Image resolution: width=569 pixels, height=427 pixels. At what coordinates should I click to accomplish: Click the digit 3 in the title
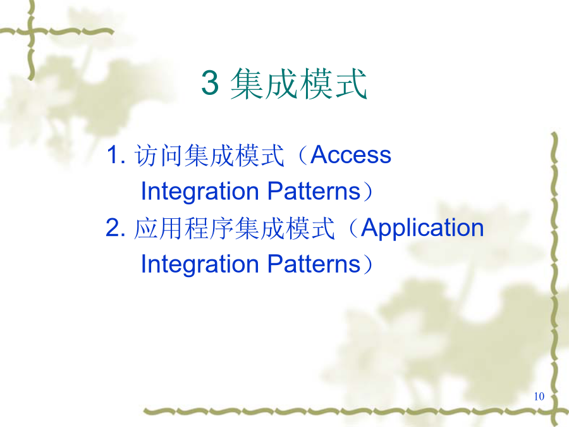point(210,82)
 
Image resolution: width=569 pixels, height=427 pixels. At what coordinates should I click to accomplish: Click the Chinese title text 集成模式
point(298,84)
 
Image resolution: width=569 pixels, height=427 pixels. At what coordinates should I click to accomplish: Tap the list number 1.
point(116,155)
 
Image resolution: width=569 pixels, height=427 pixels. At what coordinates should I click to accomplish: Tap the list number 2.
point(116,228)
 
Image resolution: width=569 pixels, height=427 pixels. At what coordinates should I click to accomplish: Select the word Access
point(350,155)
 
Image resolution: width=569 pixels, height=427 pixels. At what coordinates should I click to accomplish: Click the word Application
point(422,228)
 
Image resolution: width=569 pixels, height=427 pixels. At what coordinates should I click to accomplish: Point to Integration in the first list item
point(200,191)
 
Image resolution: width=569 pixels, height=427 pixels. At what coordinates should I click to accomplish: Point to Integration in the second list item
point(200,264)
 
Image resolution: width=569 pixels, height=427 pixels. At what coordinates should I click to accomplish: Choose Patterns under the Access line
point(314,191)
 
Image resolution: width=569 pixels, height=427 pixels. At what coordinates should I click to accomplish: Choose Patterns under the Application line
point(314,264)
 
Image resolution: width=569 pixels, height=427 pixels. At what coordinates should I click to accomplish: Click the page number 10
point(539,396)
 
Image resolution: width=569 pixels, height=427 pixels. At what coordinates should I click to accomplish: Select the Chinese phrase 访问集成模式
point(209,156)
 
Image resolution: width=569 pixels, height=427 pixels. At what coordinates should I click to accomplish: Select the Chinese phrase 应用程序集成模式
point(234,228)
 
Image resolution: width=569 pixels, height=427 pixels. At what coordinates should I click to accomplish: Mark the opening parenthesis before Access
point(303,156)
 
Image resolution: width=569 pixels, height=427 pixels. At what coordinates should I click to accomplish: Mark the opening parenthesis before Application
point(353,228)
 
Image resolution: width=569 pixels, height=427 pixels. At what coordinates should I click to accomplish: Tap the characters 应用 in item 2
point(159,228)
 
